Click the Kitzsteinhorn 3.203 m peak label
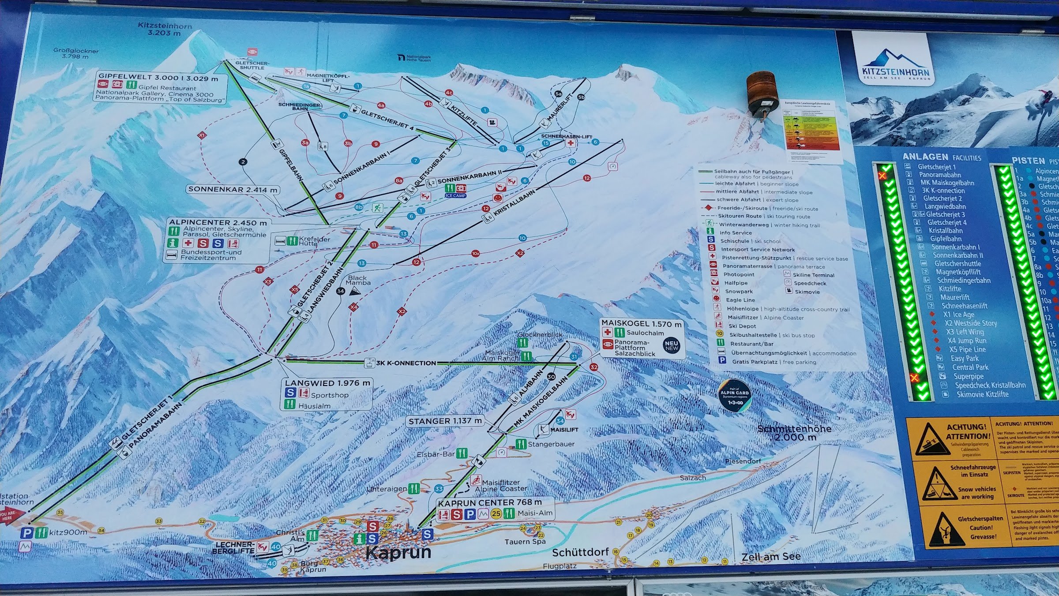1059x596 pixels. (x=165, y=29)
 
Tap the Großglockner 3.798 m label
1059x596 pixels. (x=76, y=53)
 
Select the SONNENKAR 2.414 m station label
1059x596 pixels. (x=233, y=189)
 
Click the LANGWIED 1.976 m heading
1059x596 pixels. (x=327, y=383)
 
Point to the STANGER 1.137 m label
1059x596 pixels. (x=445, y=421)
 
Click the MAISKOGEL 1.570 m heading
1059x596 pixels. (x=641, y=323)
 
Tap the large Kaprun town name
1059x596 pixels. (x=398, y=552)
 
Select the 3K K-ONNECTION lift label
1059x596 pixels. (x=406, y=363)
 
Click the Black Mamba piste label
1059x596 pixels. (x=358, y=280)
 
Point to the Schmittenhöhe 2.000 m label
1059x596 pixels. (x=794, y=432)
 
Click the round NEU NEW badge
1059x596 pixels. (x=672, y=345)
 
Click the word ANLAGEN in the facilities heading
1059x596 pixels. (x=925, y=157)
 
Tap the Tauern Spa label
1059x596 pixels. (x=525, y=541)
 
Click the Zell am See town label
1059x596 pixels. (x=770, y=556)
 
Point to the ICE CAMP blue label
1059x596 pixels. (x=455, y=195)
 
